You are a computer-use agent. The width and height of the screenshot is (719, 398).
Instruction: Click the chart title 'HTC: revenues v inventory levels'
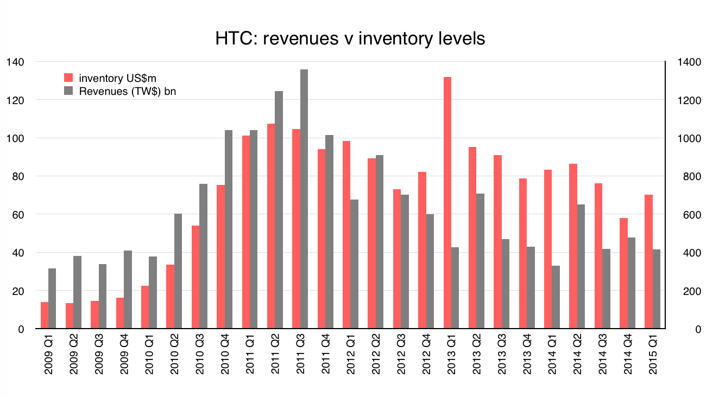coord(350,39)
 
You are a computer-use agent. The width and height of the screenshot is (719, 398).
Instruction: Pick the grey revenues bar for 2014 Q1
coord(556,297)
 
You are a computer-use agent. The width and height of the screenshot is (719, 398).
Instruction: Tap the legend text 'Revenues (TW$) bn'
coord(127,91)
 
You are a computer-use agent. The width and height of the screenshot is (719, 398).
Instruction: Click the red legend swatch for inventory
coord(69,78)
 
